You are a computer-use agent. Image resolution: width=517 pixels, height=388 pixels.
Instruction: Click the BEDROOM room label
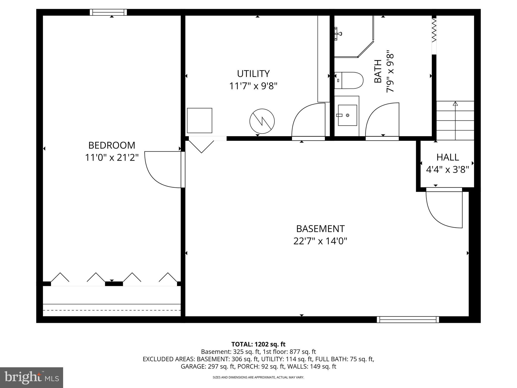(112, 145)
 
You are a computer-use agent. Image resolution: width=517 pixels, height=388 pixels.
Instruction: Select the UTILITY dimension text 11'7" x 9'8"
(253, 86)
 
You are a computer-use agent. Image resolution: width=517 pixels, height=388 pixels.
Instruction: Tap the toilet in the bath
(349, 80)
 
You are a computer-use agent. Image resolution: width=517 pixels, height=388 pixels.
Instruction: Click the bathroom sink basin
(347, 115)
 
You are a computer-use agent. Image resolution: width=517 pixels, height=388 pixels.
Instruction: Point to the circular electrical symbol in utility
(262, 121)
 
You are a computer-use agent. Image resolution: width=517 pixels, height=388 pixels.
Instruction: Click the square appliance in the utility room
(199, 120)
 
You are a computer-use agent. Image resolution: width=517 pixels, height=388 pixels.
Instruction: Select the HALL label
(448, 157)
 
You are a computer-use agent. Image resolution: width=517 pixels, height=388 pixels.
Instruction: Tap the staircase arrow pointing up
(455, 104)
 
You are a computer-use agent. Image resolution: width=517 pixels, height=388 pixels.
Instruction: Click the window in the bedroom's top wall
(109, 12)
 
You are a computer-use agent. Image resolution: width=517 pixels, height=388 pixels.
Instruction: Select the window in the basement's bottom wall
(408, 320)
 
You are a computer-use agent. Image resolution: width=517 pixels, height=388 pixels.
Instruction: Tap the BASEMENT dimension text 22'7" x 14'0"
(320, 241)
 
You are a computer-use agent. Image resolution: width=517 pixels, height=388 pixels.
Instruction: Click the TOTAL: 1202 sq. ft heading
(258, 344)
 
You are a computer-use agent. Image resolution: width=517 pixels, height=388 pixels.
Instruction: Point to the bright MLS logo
(32, 377)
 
